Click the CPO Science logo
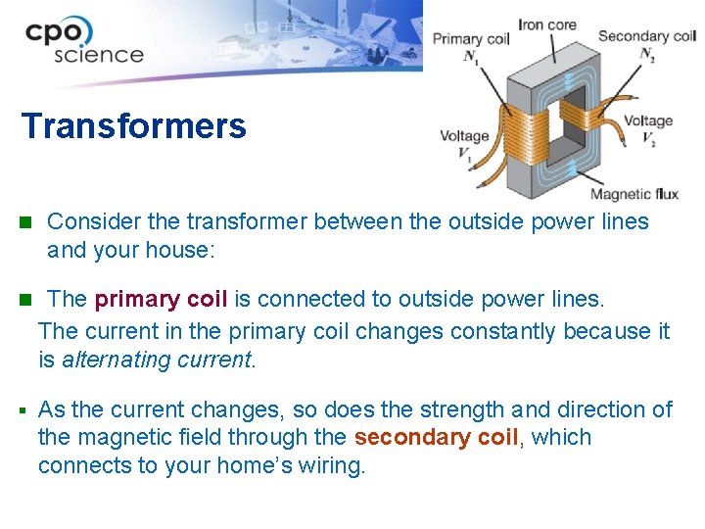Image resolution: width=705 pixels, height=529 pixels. click(84, 41)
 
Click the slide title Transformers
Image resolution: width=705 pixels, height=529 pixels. click(134, 126)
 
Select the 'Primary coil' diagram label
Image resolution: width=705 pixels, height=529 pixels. click(471, 39)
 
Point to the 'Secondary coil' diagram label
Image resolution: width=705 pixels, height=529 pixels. click(646, 36)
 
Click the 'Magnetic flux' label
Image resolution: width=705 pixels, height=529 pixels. click(634, 193)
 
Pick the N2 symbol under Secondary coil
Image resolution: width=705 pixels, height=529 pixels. click(647, 55)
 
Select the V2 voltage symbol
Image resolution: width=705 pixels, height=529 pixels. click(648, 140)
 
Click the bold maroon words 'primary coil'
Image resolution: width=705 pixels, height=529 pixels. click(161, 298)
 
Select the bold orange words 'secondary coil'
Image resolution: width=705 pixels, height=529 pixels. click(436, 437)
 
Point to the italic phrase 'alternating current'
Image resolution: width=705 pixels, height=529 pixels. click(157, 360)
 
